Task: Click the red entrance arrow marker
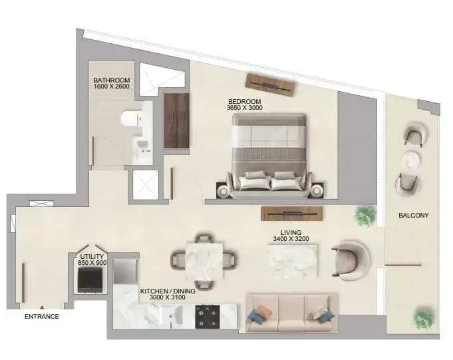[42, 307]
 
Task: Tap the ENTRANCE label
[42, 317]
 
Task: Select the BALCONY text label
[413, 215]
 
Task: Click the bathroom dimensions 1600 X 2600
[112, 87]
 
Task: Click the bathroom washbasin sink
[143, 148]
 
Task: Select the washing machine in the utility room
[90, 280]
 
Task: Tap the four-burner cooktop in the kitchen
[208, 317]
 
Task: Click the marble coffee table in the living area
[292, 261]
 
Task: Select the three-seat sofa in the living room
[291, 313]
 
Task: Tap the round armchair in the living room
[351, 260]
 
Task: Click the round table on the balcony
[411, 159]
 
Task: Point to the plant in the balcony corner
[424, 318]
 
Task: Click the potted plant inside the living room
[365, 216]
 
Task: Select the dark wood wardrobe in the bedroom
[176, 120]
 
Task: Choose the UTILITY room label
[92, 257]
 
